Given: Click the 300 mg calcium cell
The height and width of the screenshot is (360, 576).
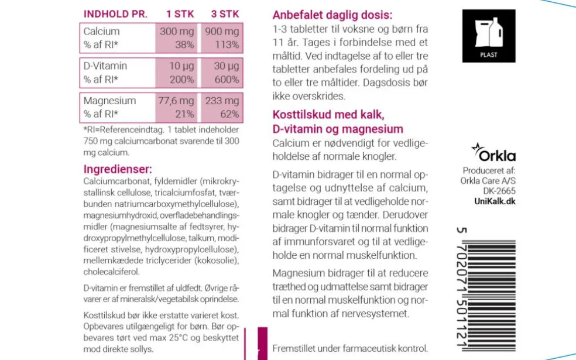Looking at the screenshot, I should coord(177,32).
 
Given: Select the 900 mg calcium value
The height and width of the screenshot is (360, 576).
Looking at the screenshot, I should coord(222,32).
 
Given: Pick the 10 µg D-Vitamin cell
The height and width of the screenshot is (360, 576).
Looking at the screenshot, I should coord(181,66).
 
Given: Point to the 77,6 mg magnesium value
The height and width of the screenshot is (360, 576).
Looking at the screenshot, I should coord(176,101).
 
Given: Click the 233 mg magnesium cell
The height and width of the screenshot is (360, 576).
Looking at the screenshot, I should coord(222,101).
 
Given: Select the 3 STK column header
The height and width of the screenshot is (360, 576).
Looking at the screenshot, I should coord(224,13).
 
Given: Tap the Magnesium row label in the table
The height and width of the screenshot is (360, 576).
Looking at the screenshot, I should coord(109,101).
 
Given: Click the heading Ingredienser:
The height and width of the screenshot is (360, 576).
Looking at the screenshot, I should coord(118,170).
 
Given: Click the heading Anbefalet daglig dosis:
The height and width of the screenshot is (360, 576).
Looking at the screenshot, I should coord(332,15).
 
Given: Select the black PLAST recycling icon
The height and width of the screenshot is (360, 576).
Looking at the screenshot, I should coord(488,36).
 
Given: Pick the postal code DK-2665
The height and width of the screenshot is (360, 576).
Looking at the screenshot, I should coord(499,191).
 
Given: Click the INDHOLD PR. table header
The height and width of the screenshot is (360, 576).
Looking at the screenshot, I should coord(115,13).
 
